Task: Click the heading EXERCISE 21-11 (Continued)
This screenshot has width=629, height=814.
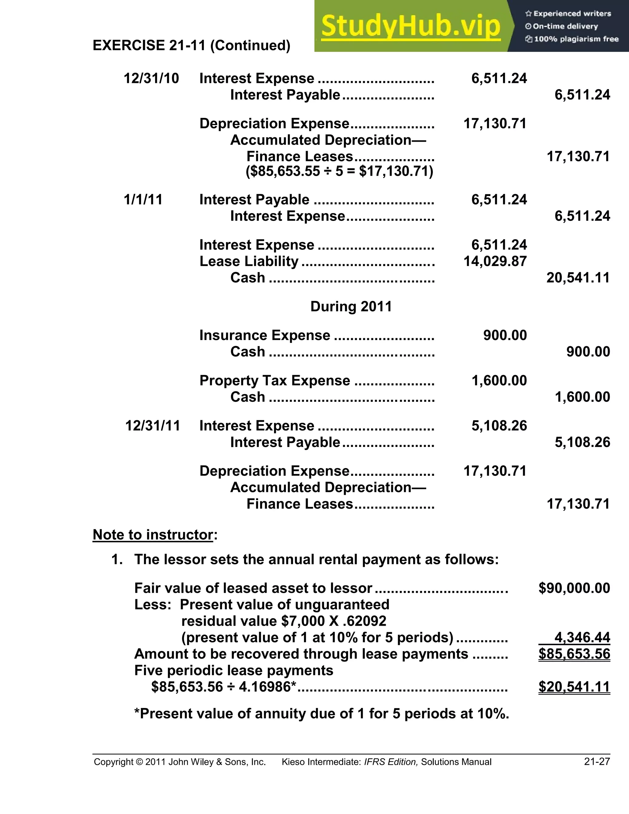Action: [191, 45]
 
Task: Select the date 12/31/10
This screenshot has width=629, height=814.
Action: [151, 78]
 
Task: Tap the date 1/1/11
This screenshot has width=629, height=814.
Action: [143, 199]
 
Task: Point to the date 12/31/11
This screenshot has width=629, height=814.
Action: [152, 426]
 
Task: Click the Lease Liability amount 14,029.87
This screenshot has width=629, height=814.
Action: [495, 261]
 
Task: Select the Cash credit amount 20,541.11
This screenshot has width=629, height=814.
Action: [578, 278]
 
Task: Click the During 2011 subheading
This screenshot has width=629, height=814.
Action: [351, 306]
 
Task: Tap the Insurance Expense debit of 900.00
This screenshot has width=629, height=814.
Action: [505, 335]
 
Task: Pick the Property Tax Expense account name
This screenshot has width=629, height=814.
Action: [275, 381]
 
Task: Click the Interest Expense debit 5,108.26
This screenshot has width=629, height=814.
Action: [499, 426]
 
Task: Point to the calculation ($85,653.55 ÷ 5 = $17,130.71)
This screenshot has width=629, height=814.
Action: [339, 171]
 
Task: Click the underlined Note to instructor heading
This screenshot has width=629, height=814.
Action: [153, 534]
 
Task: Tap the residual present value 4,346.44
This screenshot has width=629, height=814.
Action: [582, 637]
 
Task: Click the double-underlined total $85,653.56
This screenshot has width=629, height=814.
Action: [574, 654]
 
